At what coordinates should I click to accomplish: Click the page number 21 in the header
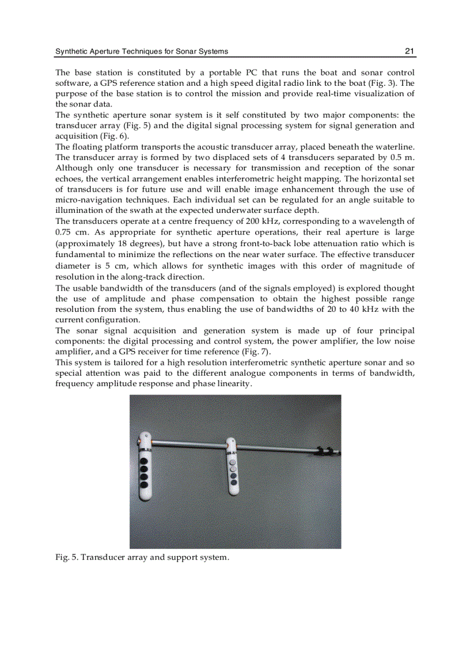pyautogui.click(x=410, y=51)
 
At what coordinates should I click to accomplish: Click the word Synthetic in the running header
pyautogui.click(x=71, y=51)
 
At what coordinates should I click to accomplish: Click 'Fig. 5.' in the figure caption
pyautogui.click(x=66, y=558)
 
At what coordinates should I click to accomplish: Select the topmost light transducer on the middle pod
pyautogui.click(x=233, y=461)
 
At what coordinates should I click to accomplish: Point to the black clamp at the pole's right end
pyautogui.click(x=327, y=451)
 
